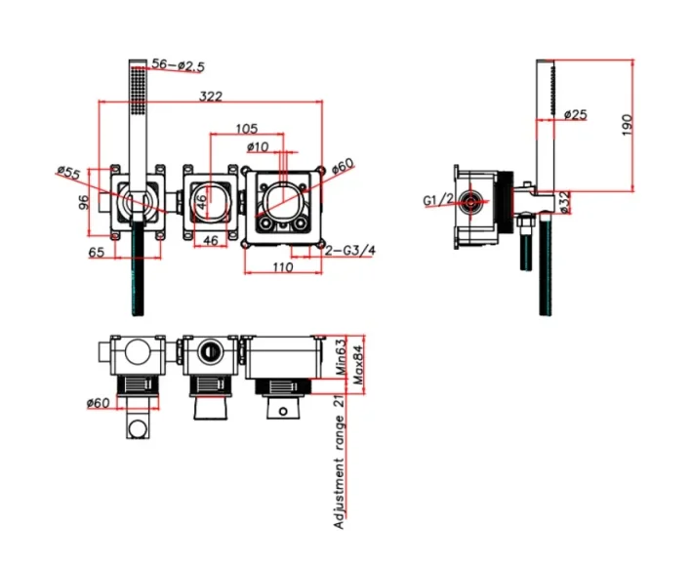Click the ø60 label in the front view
[342, 166]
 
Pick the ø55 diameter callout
[68, 174]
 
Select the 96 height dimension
[84, 203]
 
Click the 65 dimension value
[97, 253]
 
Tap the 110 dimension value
[282, 266]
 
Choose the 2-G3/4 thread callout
[349, 250]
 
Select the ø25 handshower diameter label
[576, 114]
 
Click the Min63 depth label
[342, 357]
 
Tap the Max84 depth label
[358, 363]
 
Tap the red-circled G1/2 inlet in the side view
[472, 203]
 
